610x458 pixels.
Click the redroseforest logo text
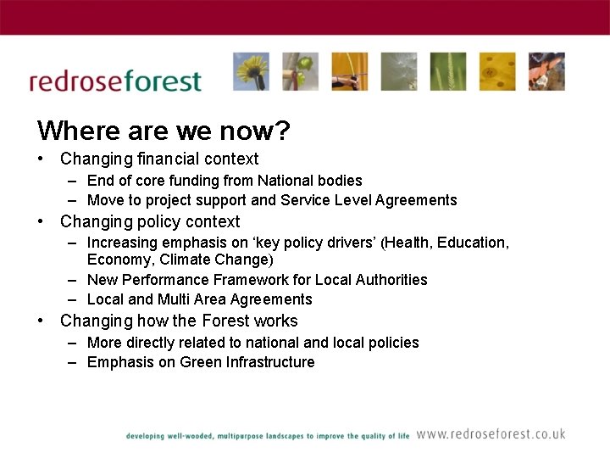[x=115, y=81]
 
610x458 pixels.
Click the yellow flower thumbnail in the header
[x=251, y=71]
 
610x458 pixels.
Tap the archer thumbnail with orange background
[x=349, y=71]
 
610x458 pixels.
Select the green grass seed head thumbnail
[x=447, y=71]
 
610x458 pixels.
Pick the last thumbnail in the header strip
[x=547, y=71]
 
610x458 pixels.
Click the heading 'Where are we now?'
[x=164, y=131]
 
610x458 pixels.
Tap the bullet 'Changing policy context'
[x=150, y=221]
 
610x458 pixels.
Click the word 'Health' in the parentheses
[x=408, y=243]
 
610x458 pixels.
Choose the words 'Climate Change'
[x=217, y=260]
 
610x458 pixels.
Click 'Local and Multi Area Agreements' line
[x=199, y=299]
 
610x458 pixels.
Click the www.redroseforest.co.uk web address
[x=491, y=434]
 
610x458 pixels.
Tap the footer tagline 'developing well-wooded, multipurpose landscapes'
[x=221, y=436]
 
